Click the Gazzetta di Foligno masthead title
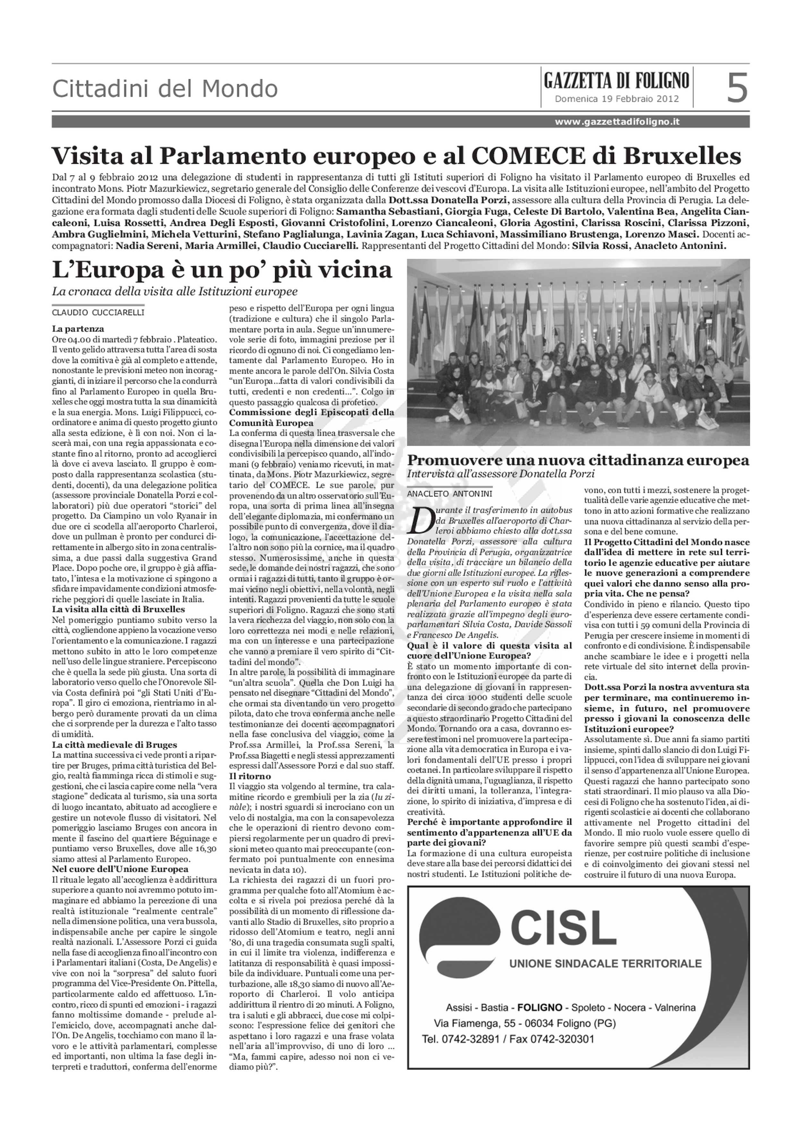click(x=616, y=80)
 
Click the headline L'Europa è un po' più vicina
click(x=222, y=271)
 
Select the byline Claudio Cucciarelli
click(x=98, y=312)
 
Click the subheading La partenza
click(x=78, y=328)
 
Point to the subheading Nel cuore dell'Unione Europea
click(x=120, y=869)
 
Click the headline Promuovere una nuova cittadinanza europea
click(x=578, y=461)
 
